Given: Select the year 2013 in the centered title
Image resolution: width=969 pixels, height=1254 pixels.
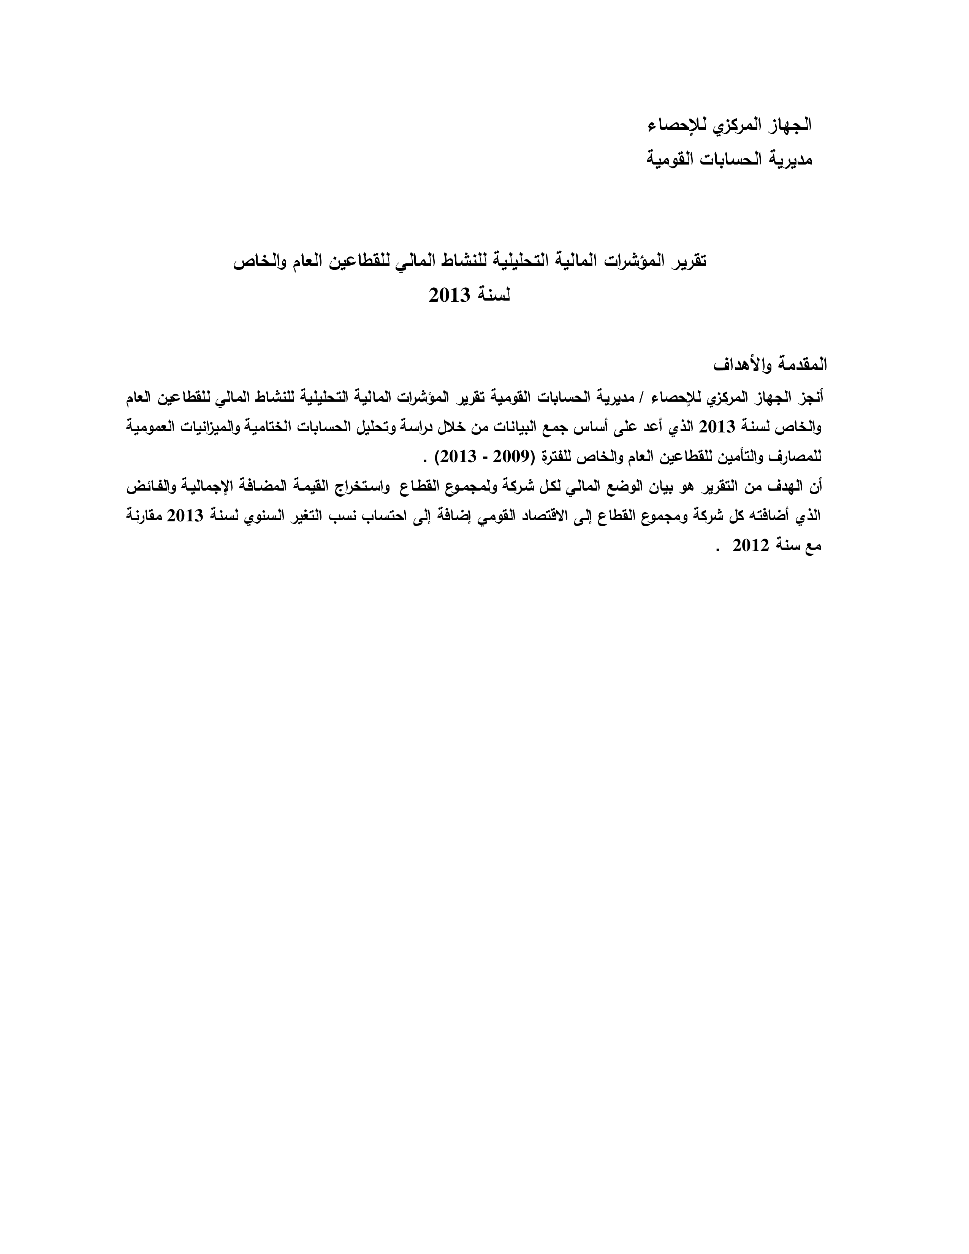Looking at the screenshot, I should click(450, 296).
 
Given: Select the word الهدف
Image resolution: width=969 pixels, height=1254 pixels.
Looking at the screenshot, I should click(779, 487).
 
